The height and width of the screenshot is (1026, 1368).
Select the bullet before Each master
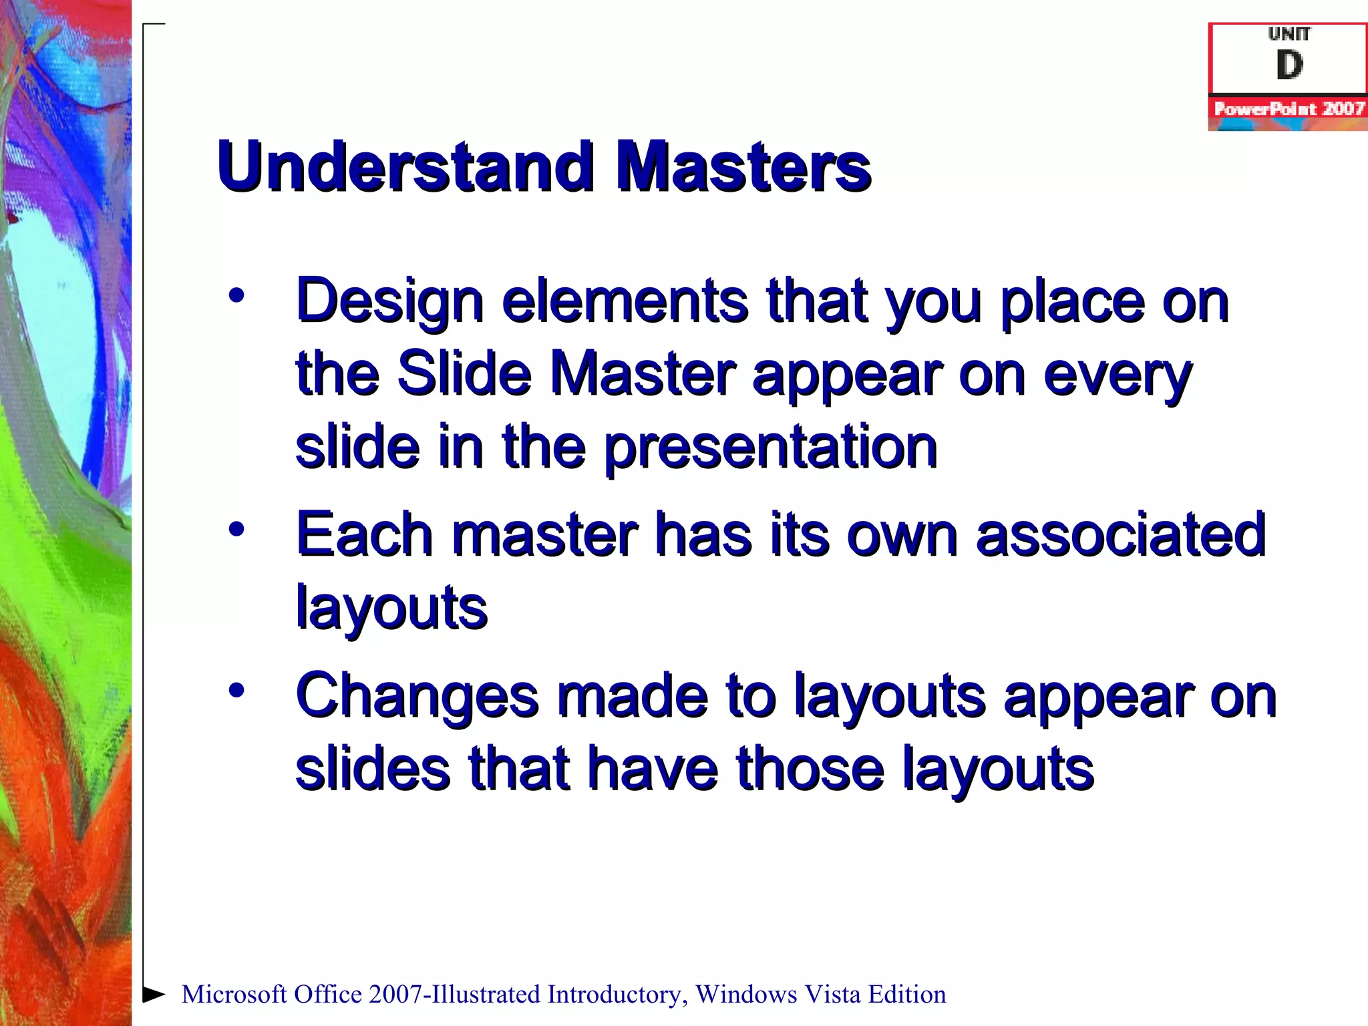click(236, 530)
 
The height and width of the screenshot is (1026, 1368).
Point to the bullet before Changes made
click(236, 690)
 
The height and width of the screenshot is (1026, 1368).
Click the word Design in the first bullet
click(389, 302)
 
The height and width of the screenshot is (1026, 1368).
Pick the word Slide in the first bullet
click(464, 373)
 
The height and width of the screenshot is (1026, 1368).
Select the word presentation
click(770, 447)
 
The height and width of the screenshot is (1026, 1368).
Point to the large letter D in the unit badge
click(1289, 65)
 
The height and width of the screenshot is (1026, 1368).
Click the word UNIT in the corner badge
click(1289, 33)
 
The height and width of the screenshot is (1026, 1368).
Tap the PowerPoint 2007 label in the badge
click(1289, 109)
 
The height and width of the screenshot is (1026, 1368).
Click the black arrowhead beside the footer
click(154, 994)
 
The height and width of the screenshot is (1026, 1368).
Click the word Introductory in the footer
click(617, 995)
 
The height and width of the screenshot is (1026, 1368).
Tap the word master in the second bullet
click(545, 534)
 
